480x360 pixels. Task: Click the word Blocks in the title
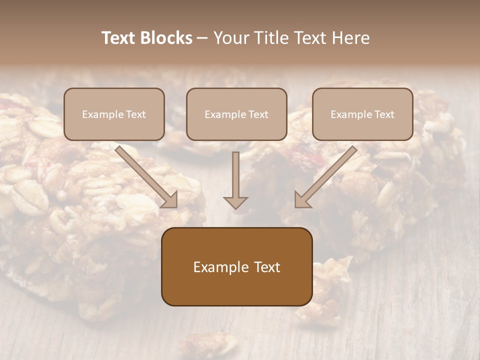click(x=167, y=38)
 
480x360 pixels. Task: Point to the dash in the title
click(x=203, y=38)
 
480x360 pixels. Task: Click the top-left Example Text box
click(x=114, y=114)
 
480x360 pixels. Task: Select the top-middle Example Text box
click(x=236, y=114)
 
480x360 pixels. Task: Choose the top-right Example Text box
click(x=362, y=114)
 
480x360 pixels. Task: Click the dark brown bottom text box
click(x=236, y=266)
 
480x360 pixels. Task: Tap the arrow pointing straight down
click(x=235, y=180)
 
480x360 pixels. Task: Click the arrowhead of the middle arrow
click(x=235, y=202)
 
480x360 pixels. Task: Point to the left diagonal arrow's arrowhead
click(x=170, y=200)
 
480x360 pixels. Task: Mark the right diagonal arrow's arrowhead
click(x=301, y=200)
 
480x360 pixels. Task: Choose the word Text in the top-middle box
click(x=257, y=114)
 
